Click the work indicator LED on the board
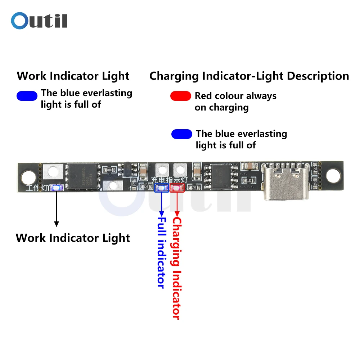57,188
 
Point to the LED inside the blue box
161,188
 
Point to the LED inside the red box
177,188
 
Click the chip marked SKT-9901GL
83,176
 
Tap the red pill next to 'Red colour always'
180,96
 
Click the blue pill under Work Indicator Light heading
27,96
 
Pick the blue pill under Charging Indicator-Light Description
182,134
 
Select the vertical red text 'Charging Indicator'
177,268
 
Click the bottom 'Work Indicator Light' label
73,238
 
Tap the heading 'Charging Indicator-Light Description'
249,76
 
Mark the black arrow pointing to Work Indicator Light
56,209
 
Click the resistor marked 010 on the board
107,169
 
